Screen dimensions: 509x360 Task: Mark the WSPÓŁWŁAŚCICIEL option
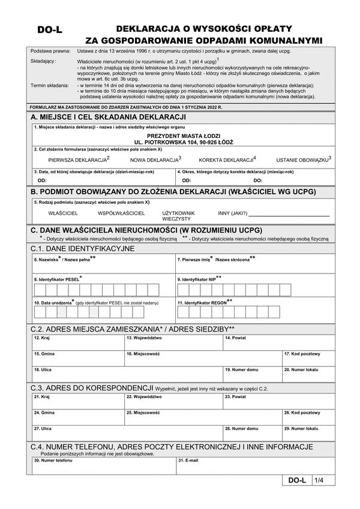(121, 213)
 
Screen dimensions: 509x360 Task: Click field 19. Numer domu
(251, 374)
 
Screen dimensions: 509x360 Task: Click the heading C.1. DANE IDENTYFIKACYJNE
(83, 248)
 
